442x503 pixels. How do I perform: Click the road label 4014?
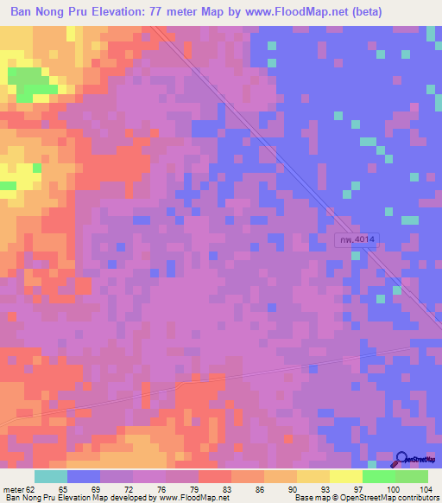pyautogui.click(x=357, y=240)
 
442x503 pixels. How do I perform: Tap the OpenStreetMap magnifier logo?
pyautogui.click(x=403, y=459)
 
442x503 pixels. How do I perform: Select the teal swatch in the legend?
pyautogui.click(x=51, y=476)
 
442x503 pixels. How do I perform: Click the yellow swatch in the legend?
pyautogui.click(x=313, y=476)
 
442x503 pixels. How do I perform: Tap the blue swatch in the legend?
pyautogui.click(x=84, y=476)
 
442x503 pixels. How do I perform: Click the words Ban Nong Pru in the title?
pyautogui.click(x=50, y=11)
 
